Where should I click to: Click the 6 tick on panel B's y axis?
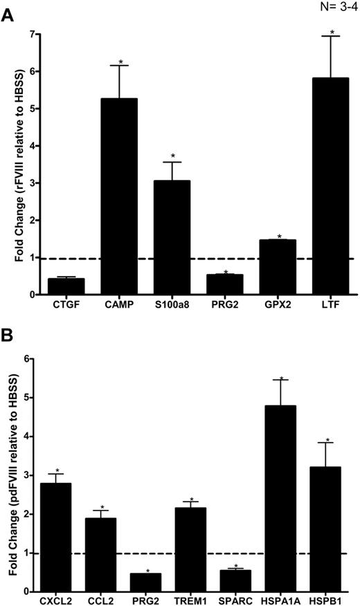tap(27, 359)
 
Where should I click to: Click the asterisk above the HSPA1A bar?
tap(282, 379)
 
